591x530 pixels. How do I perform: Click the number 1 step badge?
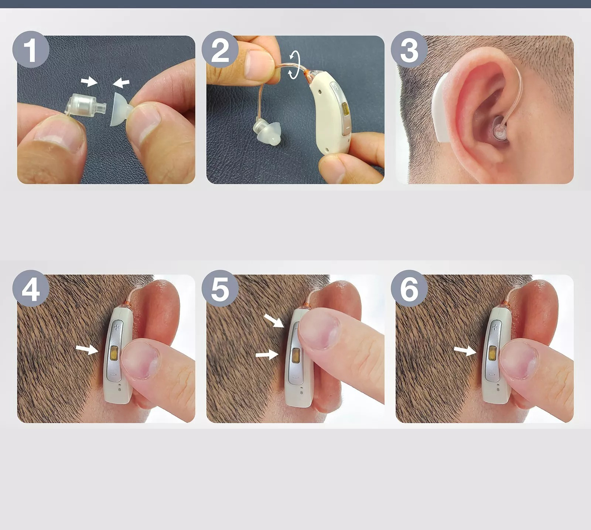(31, 49)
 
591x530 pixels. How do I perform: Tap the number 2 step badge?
(220, 49)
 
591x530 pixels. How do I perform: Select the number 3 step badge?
(409, 49)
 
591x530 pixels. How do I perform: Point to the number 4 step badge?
(31, 288)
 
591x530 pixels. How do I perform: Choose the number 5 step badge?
(220, 288)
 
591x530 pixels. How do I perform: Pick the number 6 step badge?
(409, 288)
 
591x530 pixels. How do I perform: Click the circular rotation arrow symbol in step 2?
(294, 65)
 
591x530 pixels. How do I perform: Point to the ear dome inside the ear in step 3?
(499, 131)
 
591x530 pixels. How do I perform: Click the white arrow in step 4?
(87, 349)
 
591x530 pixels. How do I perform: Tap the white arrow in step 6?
(465, 351)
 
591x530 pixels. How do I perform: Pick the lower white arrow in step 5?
(267, 355)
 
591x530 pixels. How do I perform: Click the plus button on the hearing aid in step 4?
(117, 327)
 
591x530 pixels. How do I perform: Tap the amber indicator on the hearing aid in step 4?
(114, 354)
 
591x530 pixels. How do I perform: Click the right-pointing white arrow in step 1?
(89, 81)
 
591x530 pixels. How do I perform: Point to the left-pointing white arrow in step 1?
(121, 83)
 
